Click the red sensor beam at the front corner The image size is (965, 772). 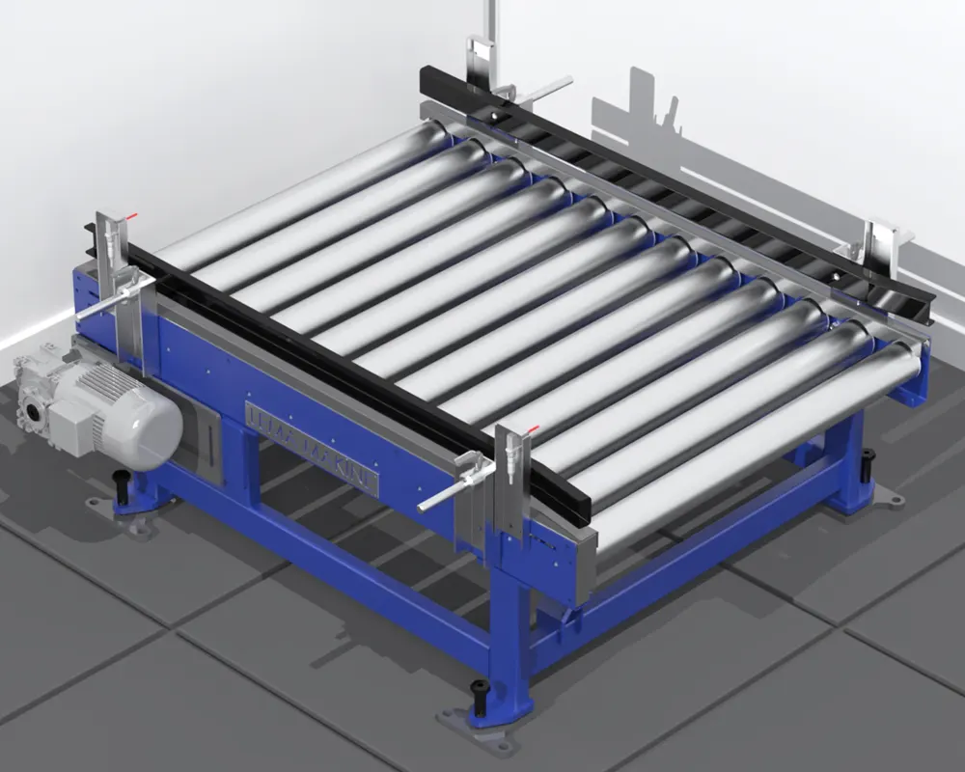tap(533, 428)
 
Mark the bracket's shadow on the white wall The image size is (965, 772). tap(637, 106)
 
